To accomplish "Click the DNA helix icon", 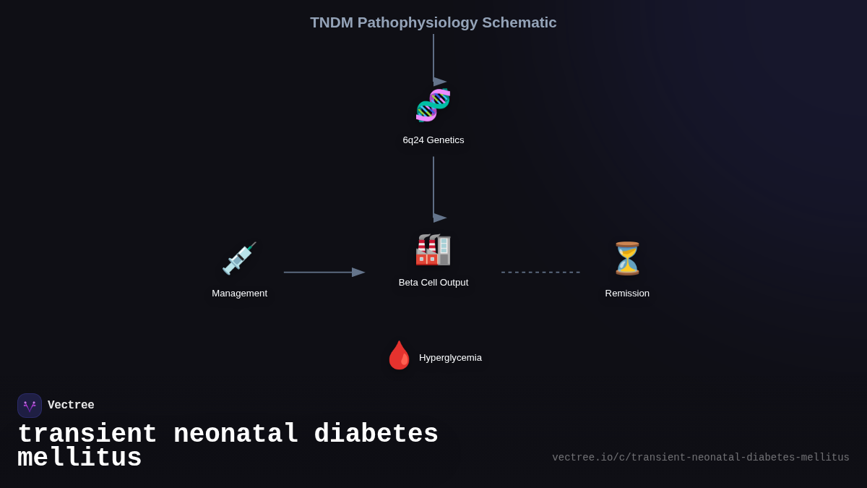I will pyautogui.click(x=433, y=106).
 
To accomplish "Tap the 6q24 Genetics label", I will pyautogui.click(x=433, y=140).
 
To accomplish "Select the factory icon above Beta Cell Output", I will pyautogui.click(x=433, y=249).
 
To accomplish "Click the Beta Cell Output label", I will pyautogui.click(x=433, y=283).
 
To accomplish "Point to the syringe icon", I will pyautogui.click(x=239, y=258).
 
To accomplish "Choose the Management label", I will pyautogui.click(x=239, y=294).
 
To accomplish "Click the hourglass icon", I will pyautogui.click(x=627, y=258).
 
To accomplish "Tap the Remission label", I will pyautogui.click(x=627, y=294).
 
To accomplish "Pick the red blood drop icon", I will pyautogui.click(x=399, y=356).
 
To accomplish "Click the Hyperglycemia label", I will pyautogui.click(x=450, y=358).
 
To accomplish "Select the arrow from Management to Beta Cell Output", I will pyautogui.click(x=324, y=273).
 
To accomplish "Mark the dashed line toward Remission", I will pyautogui.click(x=540, y=273).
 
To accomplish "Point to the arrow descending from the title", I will pyautogui.click(x=433, y=58).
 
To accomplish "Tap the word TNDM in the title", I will pyautogui.click(x=332, y=22).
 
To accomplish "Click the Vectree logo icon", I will pyautogui.click(x=30, y=406).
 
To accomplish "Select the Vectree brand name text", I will pyautogui.click(x=71, y=406).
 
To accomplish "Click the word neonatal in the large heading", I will pyautogui.click(x=236, y=435).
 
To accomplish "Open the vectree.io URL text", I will pyautogui.click(x=701, y=458).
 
